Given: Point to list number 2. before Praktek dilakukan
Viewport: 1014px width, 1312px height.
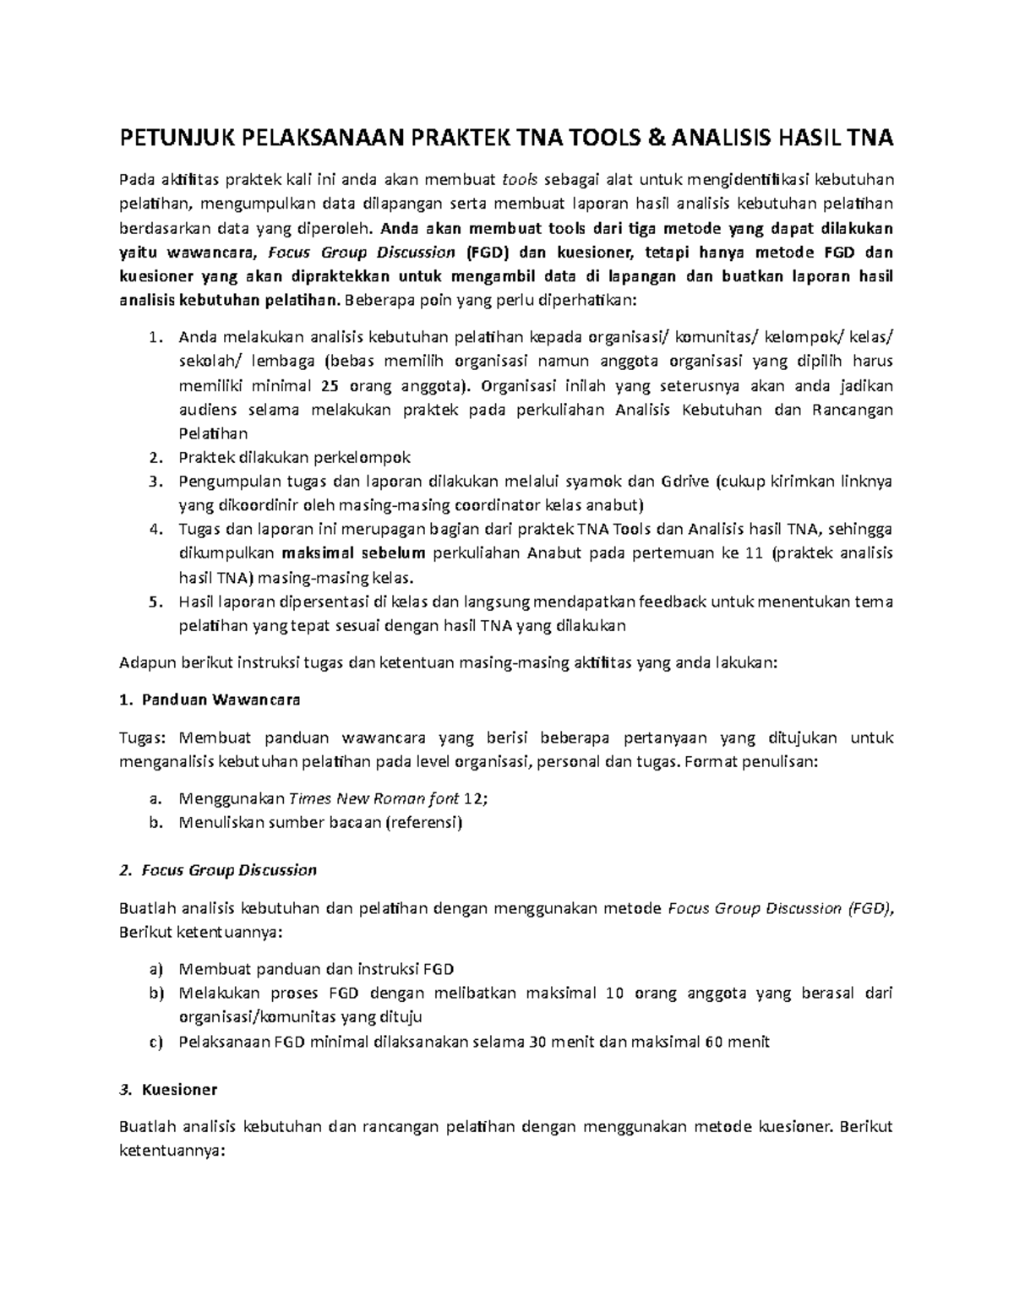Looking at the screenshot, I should click(153, 458).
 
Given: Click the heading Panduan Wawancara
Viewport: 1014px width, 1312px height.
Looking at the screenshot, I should click(221, 700).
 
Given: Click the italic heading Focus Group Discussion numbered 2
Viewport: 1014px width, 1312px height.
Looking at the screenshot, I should click(229, 870).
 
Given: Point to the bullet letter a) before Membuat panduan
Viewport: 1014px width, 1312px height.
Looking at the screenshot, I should click(154, 969).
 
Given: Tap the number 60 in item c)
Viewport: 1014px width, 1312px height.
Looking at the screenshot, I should click(712, 1042).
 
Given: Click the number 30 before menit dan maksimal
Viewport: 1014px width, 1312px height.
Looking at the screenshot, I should click(537, 1042).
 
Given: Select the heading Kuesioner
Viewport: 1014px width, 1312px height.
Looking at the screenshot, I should click(180, 1090).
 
